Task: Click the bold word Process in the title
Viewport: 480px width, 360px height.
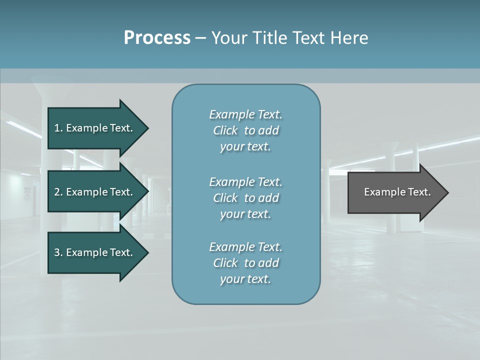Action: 157,38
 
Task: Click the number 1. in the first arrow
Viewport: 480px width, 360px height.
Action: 58,128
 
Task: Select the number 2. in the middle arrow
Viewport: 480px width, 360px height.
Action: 58,192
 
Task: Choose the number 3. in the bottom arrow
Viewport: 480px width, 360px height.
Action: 58,252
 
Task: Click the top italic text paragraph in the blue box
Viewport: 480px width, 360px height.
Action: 245,130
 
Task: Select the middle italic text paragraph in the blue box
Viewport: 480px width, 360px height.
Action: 245,198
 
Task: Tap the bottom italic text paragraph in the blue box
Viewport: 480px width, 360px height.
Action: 245,263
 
